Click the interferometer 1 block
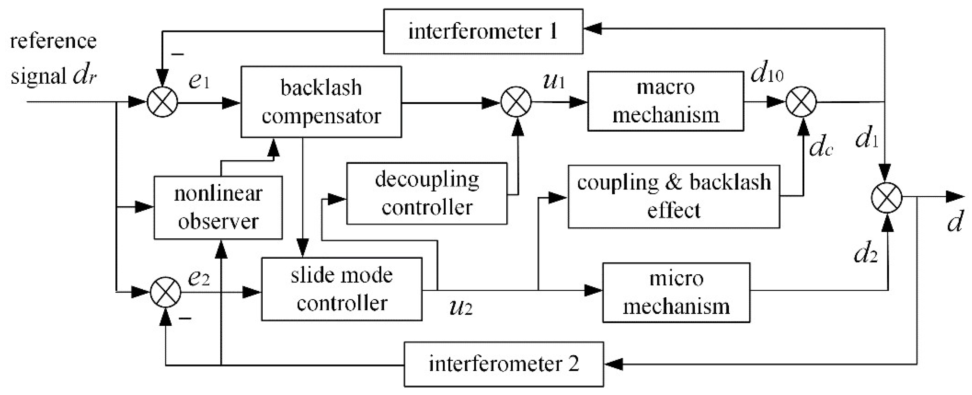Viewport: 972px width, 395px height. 483,31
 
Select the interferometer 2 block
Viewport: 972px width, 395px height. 503,364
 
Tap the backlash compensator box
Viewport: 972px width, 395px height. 321,102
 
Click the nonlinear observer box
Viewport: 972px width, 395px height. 218,207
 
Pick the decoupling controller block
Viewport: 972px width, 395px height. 427,193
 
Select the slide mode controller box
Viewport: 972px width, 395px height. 341,289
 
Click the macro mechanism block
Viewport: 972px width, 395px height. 666,101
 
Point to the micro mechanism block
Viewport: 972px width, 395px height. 676,293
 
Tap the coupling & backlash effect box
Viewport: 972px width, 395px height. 674,196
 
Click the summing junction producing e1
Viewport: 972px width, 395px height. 162,102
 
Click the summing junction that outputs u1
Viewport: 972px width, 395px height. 516,102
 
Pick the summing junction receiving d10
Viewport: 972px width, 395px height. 801,102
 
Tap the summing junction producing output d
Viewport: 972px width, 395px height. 886,197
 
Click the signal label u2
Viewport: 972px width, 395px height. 461,307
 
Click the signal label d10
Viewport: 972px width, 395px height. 767,74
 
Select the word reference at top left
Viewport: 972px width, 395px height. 53,41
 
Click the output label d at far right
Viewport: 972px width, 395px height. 955,222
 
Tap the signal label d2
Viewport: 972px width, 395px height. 865,253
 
